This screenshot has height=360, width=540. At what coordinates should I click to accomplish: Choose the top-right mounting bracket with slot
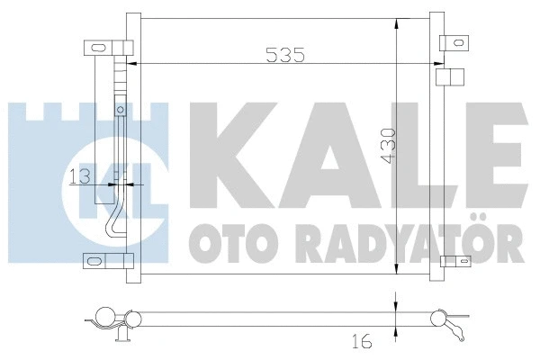(454, 40)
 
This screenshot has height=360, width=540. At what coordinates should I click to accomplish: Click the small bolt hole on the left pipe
(120, 111)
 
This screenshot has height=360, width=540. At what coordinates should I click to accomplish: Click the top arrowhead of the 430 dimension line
(397, 22)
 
